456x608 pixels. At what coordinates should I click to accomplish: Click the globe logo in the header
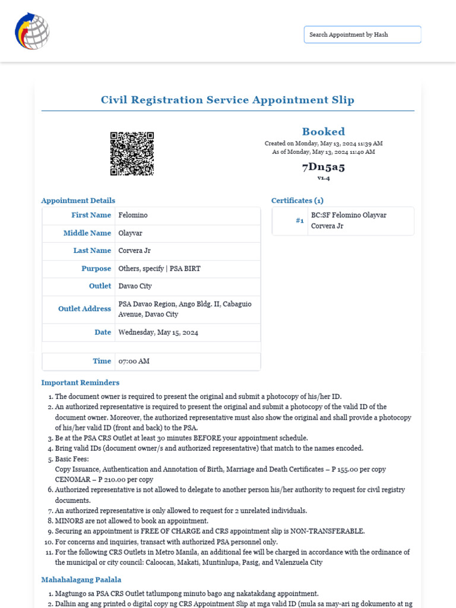coord(32,31)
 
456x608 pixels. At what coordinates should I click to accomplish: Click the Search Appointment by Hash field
coord(362,34)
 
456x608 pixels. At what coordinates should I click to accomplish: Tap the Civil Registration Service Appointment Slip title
coord(227,100)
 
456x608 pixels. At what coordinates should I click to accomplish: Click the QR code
coord(132,154)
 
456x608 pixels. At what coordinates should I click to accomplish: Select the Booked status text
coord(323,132)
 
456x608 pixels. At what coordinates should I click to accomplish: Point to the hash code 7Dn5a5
coord(323,166)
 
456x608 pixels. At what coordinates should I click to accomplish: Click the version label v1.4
coord(323,178)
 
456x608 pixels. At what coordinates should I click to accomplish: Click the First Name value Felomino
coord(133,215)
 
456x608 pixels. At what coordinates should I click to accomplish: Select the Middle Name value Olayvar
coord(130,233)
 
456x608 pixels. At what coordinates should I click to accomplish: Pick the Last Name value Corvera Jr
coord(134,251)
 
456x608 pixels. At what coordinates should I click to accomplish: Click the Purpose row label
coord(96,268)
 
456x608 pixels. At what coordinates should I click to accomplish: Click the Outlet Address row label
coord(84,309)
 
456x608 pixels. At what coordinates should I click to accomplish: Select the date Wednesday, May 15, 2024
coord(158,332)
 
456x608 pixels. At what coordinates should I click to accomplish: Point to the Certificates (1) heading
coord(297,201)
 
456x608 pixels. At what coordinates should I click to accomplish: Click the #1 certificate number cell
coord(299,221)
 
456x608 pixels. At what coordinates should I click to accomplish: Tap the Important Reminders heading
coord(80,382)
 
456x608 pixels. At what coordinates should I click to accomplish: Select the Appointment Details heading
coord(78,201)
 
